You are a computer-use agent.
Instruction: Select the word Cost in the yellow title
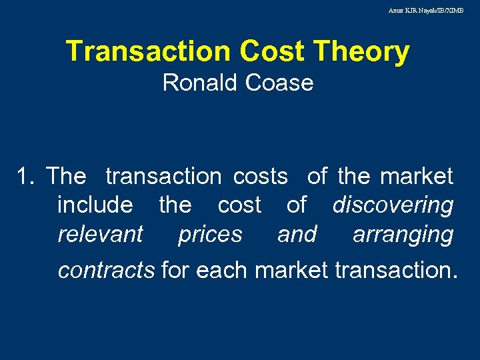[268, 52]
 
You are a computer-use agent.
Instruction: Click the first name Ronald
[200, 83]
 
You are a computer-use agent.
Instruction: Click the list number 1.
[25, 177]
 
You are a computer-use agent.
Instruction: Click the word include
[95, 205]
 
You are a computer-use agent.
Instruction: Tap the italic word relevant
[100, 235]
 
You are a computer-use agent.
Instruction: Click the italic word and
[297, 235]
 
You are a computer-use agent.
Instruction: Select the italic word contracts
[106, 271]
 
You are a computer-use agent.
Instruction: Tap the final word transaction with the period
[396, 271]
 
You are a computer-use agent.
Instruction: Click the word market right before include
[417, 177]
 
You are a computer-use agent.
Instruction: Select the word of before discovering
[297, 205]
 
